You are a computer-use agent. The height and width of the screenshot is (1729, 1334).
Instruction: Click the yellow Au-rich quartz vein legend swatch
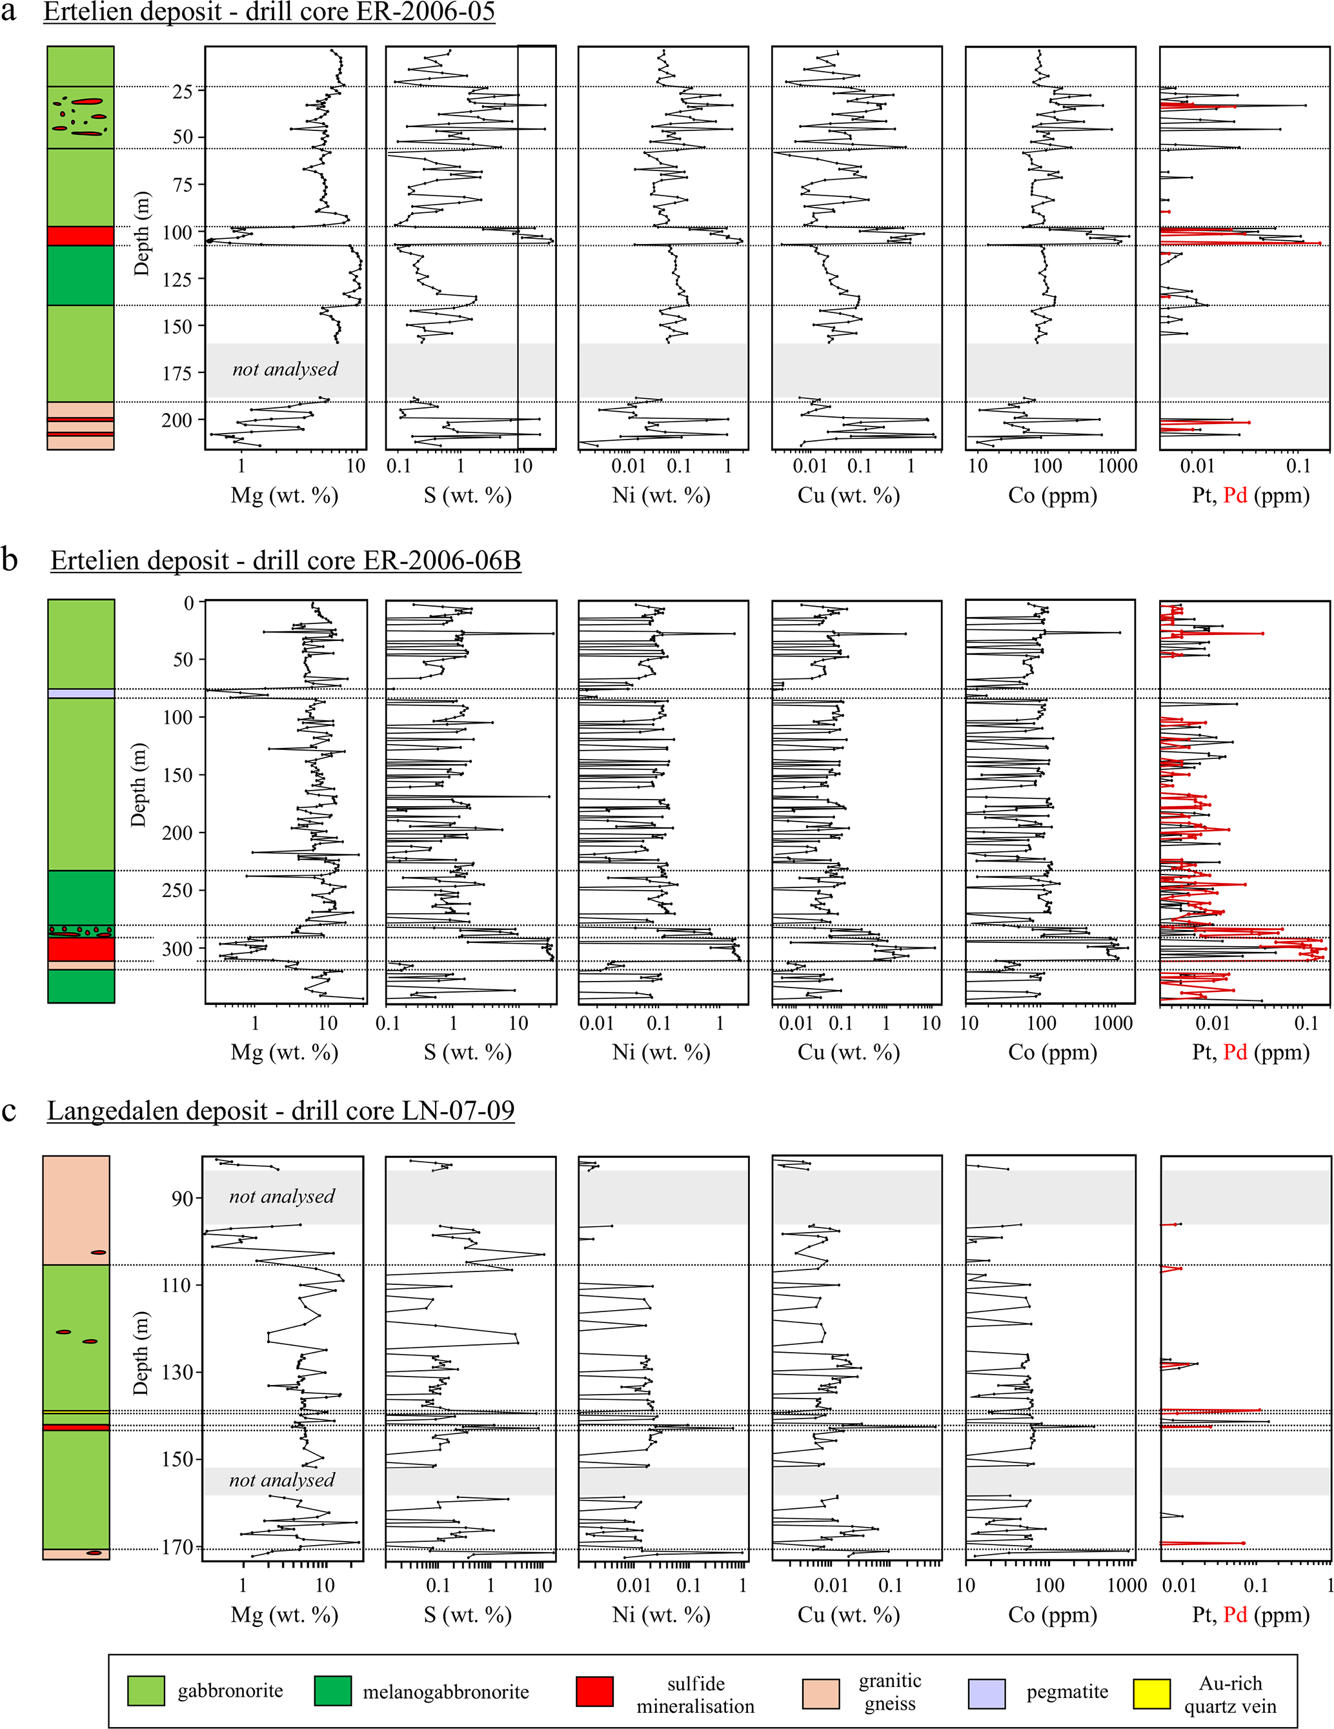(1152, 1694)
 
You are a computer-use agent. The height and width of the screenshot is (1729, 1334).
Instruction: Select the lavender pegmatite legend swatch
(986, 1694)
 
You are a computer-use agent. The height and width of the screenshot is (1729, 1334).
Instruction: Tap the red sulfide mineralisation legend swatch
(594, 1694)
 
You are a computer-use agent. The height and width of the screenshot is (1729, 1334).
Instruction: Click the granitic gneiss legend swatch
(820, 1694)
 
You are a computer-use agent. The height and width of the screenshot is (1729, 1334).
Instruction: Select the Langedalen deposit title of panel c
(280, 1111)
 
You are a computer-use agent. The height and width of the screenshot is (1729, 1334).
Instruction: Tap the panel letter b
(10, 560)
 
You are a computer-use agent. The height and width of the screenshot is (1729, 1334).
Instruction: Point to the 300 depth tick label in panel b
(177, 949)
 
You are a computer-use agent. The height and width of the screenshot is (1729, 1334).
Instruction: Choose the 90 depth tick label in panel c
(181, 1198)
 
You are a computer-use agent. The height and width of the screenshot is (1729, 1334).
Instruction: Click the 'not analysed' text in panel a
(285, 369)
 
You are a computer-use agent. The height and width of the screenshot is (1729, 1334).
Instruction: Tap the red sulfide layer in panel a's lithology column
(80, 236)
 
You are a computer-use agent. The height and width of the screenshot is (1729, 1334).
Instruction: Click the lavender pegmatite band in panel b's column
(81, 694)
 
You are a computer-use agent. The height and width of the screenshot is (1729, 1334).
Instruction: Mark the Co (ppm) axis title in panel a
(1052, 496)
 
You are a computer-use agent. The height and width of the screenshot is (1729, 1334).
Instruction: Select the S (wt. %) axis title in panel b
(468, 1052)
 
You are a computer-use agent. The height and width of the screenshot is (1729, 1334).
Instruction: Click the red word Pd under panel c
(1235, 1615)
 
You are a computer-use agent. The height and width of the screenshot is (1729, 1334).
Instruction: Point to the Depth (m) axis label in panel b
(139, 785)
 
